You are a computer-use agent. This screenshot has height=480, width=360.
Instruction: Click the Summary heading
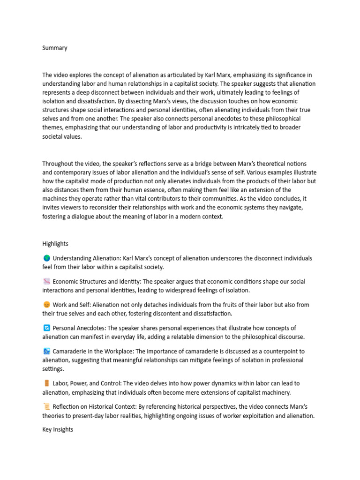click(x=55, y=48)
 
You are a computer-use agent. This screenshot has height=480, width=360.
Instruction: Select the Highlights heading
click(x=55, y=244)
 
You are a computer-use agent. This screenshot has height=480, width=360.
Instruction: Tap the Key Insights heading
click(x=58, y=429)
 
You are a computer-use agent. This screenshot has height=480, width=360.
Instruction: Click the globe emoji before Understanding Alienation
click(x=46, y=258)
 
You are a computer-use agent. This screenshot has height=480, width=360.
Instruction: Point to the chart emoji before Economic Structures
click(x=46, y=282)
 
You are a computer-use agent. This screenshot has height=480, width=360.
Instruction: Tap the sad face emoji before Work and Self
click(x=46, y=305)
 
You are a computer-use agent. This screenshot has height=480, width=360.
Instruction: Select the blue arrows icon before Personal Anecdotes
click(x=46, y=328)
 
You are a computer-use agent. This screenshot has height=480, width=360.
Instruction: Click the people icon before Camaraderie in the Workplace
click(x=46, y=351)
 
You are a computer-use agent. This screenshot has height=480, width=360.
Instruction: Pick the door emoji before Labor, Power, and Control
click(x=46, y=383)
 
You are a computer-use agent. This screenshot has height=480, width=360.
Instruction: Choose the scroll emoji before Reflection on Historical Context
click(x=46, y=406)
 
